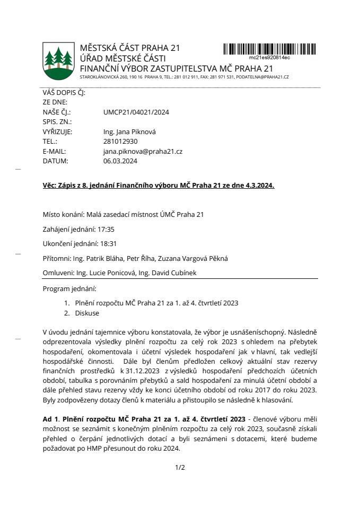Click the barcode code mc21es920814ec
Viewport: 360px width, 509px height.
(x=269, y=57)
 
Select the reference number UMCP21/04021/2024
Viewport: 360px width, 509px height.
(x=136, y=112)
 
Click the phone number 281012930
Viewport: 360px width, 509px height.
(x=120, y=142)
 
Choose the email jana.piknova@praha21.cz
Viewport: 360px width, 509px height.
(x=143, y=151)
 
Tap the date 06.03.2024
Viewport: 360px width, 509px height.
(x=120, y=161)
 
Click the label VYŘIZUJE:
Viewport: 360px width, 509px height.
(x=57, y=132)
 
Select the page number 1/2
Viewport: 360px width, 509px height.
(x=180, y=467)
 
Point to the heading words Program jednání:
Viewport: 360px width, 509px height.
(x=70, y=289)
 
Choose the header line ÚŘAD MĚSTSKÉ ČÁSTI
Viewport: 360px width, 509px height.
(x=123, y=58)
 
